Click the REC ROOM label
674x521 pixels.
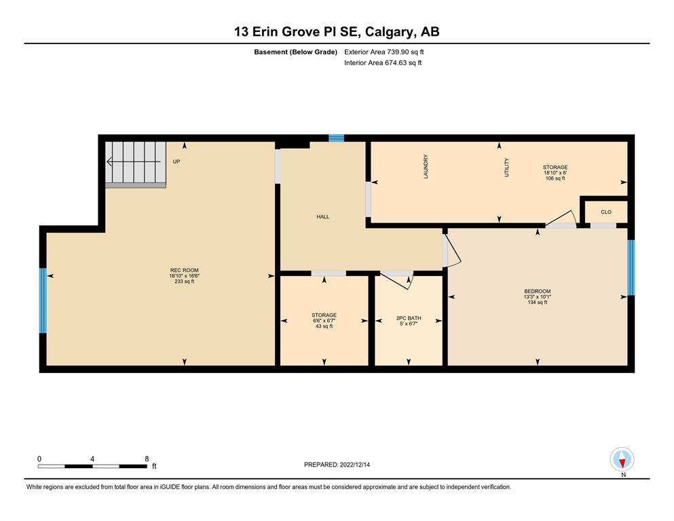pos(185,270)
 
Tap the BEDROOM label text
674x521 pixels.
pos(538,291)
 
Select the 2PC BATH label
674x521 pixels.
pos(409,318)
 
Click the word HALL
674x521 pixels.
pos(323,217)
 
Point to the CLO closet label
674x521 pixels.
pos(606,212)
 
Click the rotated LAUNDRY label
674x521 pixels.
pos(426,167)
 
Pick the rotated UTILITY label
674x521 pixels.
pos(506,168)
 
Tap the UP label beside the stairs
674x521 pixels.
pos(176,161)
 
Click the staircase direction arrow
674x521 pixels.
pos(134,162)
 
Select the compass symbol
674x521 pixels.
pos(622,459)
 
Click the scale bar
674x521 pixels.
pos(92,466)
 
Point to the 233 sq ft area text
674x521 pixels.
pos(185,282)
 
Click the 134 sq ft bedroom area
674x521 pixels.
pos(538,303)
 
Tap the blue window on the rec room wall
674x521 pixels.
pos(43,301)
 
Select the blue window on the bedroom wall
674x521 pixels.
pos(631,267)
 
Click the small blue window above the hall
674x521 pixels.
pos(336,138)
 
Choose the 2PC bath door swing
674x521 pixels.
pos(396,280)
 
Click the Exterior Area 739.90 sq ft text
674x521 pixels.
pos(384,52)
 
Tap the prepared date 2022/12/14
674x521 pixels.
pos(354,465)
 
